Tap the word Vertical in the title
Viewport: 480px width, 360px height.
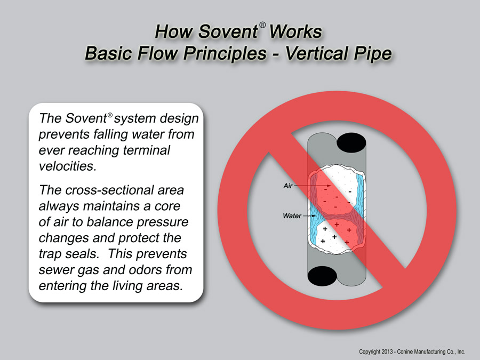pyautogui.click(x=317, y=53)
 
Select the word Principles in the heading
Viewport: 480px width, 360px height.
pyautogui.click(x=225, y=53)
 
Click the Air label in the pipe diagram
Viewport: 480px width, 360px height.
pyautogui.click(x=288, y=186)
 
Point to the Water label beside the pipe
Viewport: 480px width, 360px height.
pyautogui.click(x=292, y=216)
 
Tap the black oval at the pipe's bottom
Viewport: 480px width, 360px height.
pyautogui.click(x=322, y=276)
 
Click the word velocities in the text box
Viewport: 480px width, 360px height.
pyautogui.click(x=68, y=166)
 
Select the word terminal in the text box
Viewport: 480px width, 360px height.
pyautogui.click(x=146, y=150)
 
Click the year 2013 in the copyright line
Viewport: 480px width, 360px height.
pyautogui.click(x=386, y=352)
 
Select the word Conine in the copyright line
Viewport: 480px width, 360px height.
pyautogui.click(x=404, y=352)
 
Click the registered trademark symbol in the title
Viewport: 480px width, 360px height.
pyautogui.click(x=262, y=25)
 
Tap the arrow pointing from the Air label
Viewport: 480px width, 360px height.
pyautogui.click(x=312, y=186)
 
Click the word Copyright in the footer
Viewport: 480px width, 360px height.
pyautogui.click(x=370, y=352)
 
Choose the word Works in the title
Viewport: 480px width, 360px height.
pyautogui.click(x=295, y=31)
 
